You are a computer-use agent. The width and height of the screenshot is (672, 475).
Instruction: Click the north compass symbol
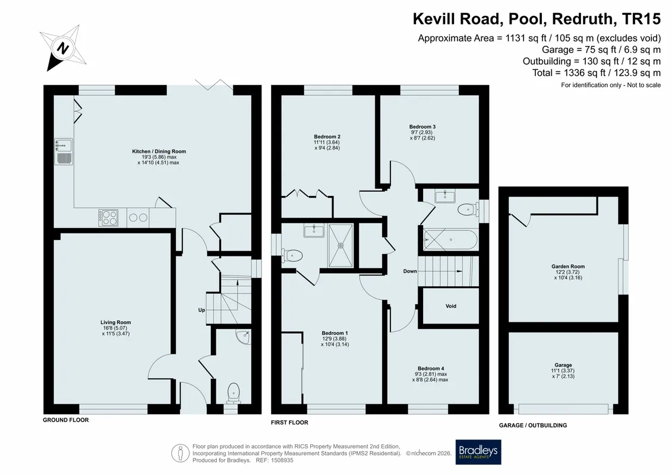coord(63,47)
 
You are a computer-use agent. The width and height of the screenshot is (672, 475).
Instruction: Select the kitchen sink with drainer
coord(64,151)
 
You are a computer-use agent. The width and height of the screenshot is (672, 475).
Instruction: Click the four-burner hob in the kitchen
coord(108,217)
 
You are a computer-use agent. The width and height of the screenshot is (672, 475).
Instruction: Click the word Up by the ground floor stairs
coord(201,310)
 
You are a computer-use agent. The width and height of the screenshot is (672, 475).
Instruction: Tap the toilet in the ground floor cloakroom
coord(234,392)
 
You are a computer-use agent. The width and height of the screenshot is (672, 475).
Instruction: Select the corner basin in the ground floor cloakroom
coord(243,337)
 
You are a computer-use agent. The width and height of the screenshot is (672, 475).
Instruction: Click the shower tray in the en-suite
coord(340,245)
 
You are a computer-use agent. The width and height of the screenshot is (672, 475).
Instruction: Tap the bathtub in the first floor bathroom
coord(450,240)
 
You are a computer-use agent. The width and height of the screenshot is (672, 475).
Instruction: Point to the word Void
coord(451,306)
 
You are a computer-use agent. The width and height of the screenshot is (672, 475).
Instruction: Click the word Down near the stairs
coord(410,271)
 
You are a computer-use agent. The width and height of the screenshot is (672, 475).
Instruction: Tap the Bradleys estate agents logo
coord(478,452)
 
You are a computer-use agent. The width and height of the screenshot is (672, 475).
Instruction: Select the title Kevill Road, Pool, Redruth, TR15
coord(537,19)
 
